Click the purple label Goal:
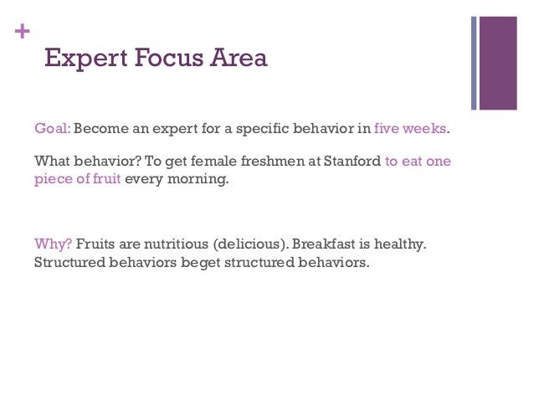[x=52, y=131]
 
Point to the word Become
[x=101, y=131]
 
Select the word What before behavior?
[x=52, y=162]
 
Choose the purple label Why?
[x=52, y=244]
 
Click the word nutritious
[x=172, y=244]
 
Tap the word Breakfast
[x=324, y=244]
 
